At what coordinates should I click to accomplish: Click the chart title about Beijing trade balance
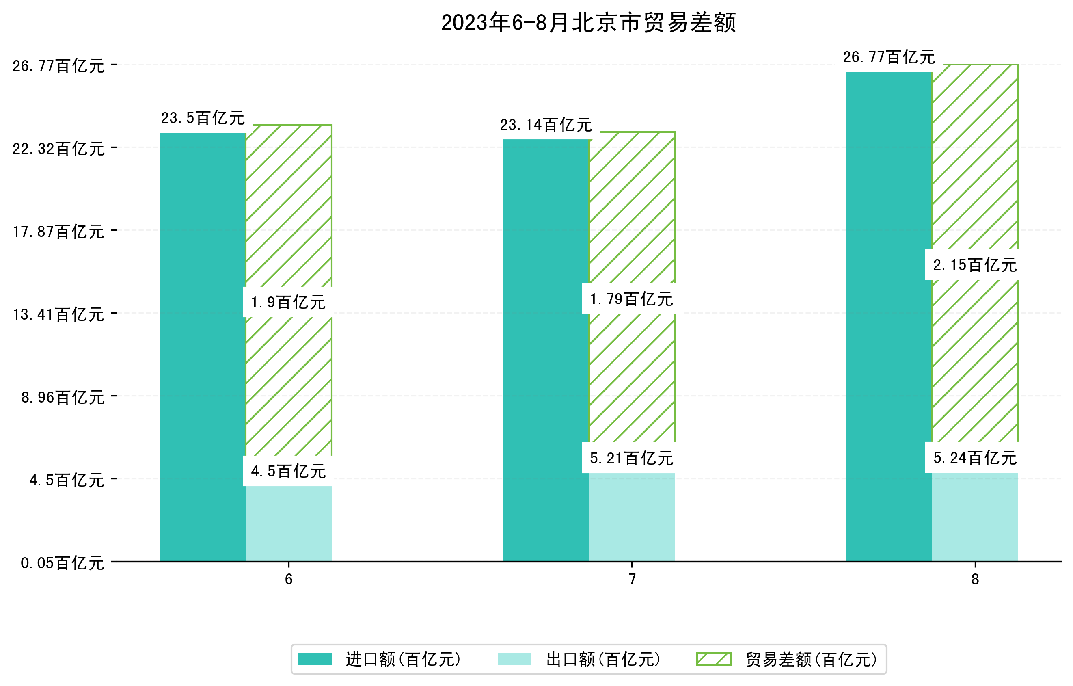tap(588, 23)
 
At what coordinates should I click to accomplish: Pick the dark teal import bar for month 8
tap(889, 316)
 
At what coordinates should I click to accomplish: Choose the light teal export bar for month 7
tap(631, 517)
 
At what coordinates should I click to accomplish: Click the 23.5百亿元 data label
tap(203, 118)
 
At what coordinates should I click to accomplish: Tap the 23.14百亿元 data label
tap(546, 125)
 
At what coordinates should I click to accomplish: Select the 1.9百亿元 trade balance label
tap(288, 303)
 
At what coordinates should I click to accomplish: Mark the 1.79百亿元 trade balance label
tap(631, 299)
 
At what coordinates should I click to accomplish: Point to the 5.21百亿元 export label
tap(631, 458)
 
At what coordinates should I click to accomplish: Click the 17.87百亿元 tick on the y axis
tap(58, 232)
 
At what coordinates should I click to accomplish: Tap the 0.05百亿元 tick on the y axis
tap(63, 563)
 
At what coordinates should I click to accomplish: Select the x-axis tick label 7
tap(632, 579)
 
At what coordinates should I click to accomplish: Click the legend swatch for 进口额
tap(315, 659)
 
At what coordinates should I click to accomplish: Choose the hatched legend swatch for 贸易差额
tap(714, 659)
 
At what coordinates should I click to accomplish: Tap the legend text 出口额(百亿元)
tap(603, 659)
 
